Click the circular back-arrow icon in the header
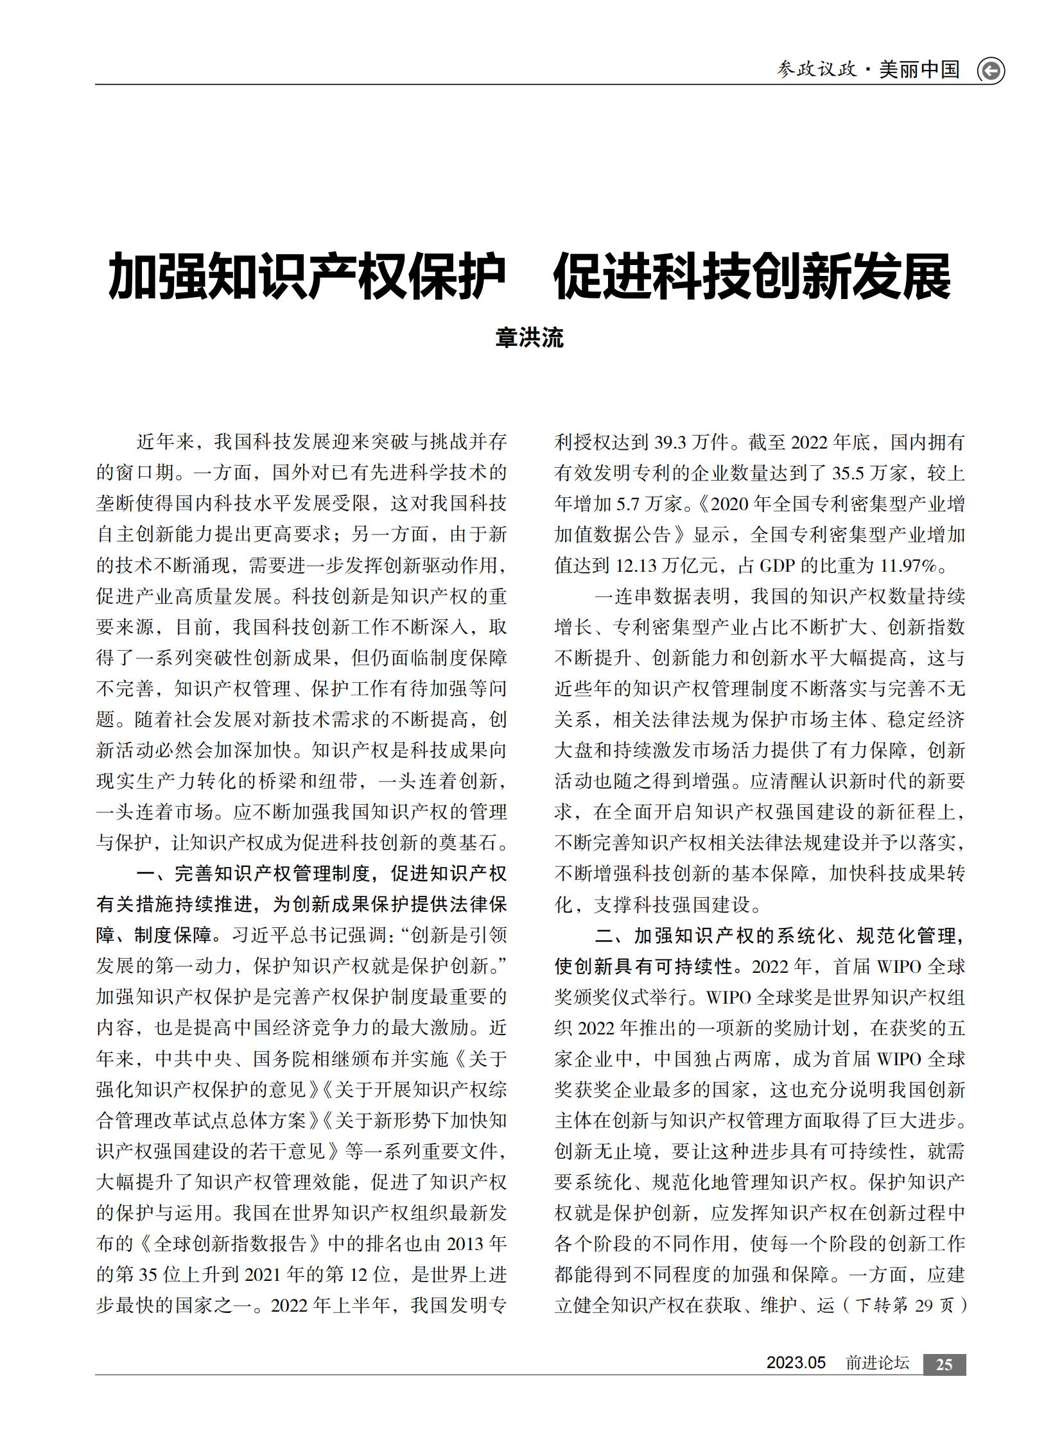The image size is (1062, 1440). tap(991, 71)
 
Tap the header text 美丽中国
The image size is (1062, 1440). tap(919, 69)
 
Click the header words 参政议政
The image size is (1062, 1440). tap(817, 69)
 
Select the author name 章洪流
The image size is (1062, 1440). tap(530, 338)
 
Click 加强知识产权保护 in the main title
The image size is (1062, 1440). tap(307, 277)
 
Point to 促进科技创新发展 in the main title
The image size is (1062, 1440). tap(751, 277)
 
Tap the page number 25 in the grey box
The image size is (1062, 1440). tap(944, 1364)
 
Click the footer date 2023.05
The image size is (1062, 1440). tap(796, 1363)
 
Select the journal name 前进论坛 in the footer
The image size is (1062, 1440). tap(877, 1363)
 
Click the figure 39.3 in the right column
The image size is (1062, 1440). tap(670, 442)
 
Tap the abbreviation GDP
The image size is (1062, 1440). tap(777, 565)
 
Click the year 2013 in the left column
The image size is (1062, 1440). tap(465, 1244)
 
